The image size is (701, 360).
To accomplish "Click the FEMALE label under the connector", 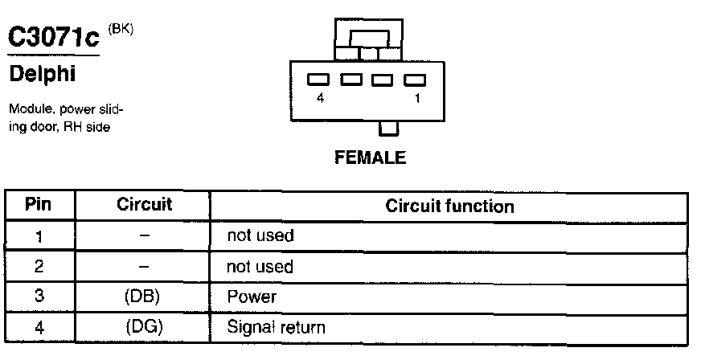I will (370, 157).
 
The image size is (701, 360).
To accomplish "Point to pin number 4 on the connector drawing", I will (321, 99).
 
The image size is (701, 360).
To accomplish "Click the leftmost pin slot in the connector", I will (319, 80).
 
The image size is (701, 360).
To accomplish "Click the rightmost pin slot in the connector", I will (413, 80).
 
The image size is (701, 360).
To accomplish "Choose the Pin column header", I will (39, 205).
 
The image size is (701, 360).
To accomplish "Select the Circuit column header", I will (145, 205).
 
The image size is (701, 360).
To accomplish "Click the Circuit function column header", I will (449, 207).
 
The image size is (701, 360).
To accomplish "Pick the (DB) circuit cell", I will (143, 297).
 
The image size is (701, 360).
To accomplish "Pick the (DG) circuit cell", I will (143, 327).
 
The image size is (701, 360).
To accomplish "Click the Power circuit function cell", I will (252, 297).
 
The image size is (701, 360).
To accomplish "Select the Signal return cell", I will (277, 327).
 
